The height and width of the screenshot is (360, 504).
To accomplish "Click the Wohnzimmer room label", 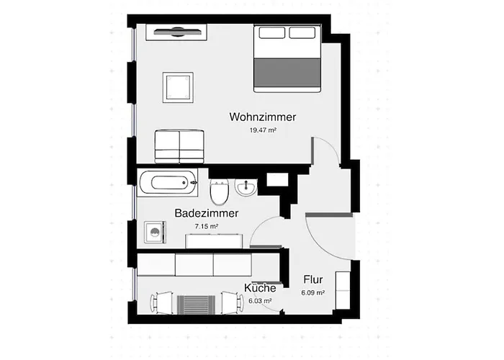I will [x=263, y=117].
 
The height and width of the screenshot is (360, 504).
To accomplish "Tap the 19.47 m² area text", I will [x=263, y=130].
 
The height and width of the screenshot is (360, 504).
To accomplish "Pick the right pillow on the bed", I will [x=302, y=32].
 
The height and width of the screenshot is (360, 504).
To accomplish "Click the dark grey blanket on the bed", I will [x=287, y=74].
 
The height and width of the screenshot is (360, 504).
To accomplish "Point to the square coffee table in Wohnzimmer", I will [x=177, y=87].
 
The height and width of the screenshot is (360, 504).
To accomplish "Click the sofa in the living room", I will [x=179, y=146].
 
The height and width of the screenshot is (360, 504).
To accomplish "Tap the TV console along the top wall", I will [x=176, y=32].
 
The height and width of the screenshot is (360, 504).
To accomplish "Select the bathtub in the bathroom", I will [x=168, y=183].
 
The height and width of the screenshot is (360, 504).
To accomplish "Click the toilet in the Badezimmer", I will [x=220, y=193].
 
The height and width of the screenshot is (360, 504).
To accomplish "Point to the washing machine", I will [x=155, y=233].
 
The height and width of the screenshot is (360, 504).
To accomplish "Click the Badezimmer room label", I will [x=207, y=213].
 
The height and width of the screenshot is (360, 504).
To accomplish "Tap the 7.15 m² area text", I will [x=206, y=226].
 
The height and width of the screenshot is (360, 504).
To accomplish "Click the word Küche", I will [x=260, y=288].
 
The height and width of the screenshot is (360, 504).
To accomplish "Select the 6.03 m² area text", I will [x=260, y=301].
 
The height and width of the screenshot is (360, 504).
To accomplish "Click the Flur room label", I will [x=312, y=280].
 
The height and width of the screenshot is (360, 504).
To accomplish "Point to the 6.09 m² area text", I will [x=312, y=293].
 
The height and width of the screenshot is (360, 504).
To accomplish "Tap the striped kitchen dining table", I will [x=192, y=304].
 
